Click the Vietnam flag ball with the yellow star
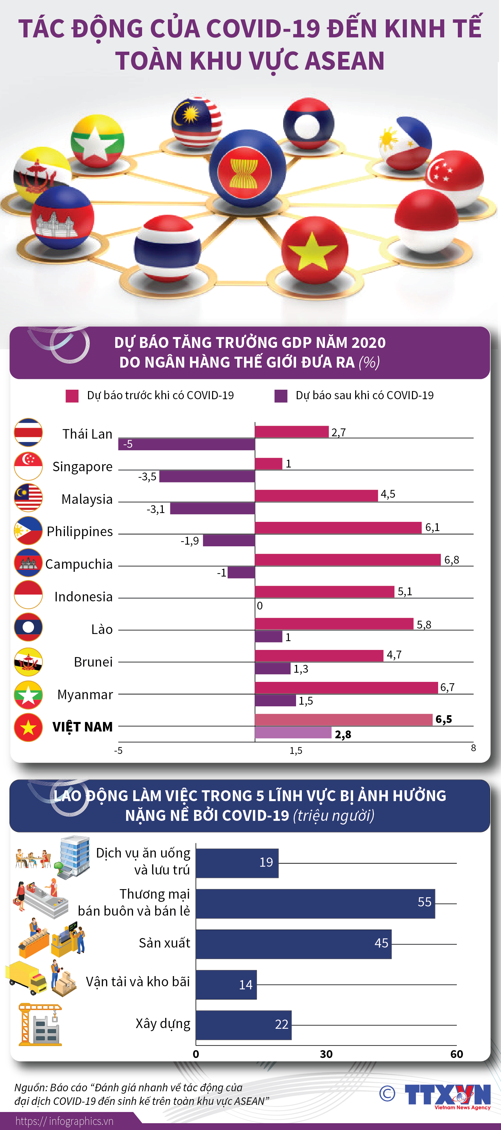click(x=314, y=250)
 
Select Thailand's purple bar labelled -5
click(x=187, y=444)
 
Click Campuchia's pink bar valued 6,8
click(x=347, y=560)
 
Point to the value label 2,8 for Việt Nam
click(x=343, y=734)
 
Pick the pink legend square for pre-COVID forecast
click(x=72, y=396)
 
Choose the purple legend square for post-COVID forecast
click(x=281, y=396)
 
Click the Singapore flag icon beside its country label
click(x=28, y=466)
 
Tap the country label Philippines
click(x=80, y=532)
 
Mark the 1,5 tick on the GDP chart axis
click(x=296, y=751)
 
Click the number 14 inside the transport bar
click(x=246, y=985)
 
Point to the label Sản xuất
click(x=165, y=943)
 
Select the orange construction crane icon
click(x=39, y=1024)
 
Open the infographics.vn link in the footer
click(x=65, y=1121)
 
